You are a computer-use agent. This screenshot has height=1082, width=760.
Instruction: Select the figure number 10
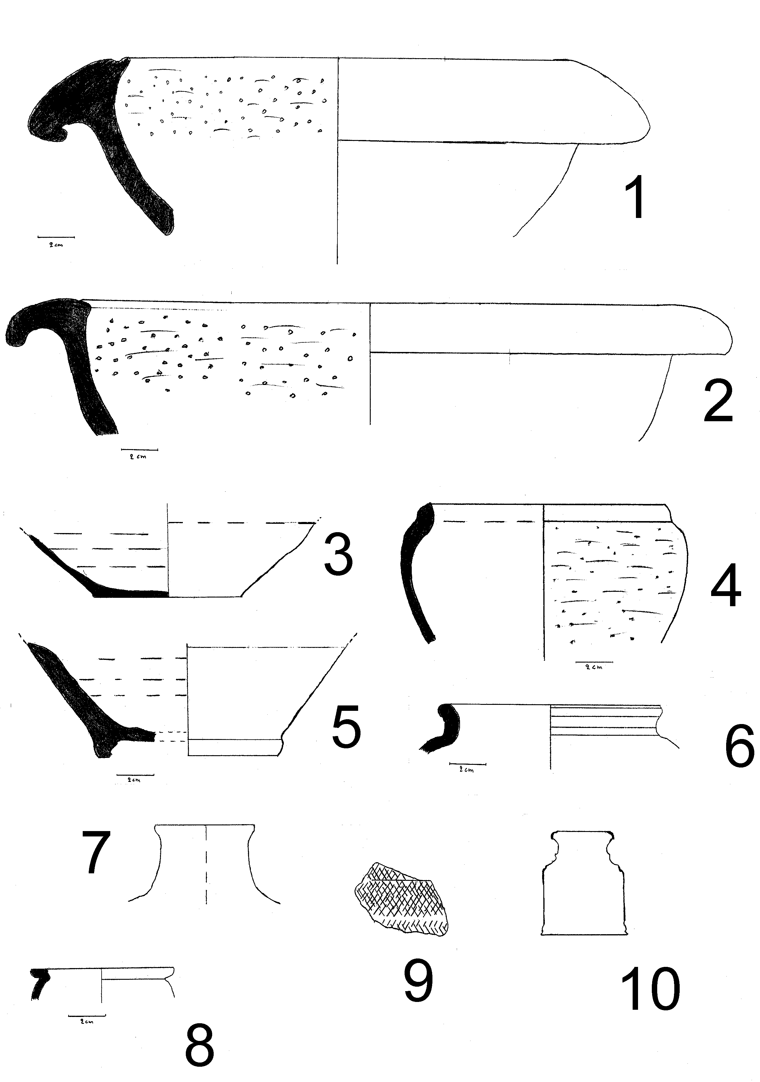coord(651,988)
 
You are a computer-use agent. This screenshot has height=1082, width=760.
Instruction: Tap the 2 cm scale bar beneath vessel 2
coord(139,450)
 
